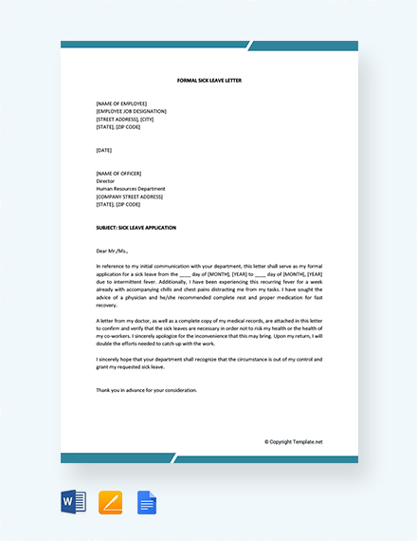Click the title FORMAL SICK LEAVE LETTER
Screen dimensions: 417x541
click(209, 81)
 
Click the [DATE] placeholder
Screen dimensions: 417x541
click(104, 150)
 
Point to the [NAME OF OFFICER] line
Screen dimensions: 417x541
click(123, 173)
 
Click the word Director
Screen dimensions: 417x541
click(105, 180)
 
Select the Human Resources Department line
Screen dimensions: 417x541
click(131, 189)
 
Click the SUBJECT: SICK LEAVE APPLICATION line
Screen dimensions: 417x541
click(136, 228)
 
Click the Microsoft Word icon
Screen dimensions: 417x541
click(72, 501)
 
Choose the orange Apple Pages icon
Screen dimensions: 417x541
click(111, 501)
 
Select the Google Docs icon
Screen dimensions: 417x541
click(147, 501)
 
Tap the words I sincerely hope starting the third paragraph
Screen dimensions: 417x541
click(115, 360)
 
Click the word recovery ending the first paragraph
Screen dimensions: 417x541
click(106, 306)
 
